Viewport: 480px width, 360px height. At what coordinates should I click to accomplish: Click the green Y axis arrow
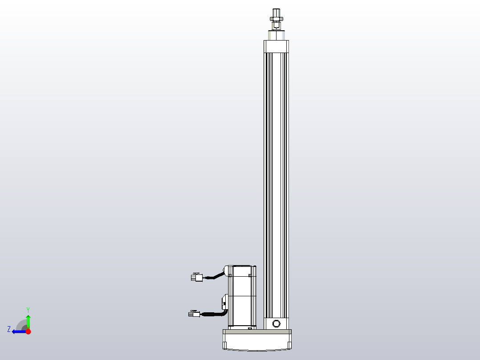click(x=28, y=320)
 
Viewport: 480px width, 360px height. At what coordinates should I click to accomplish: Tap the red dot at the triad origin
click(x=28, y=331)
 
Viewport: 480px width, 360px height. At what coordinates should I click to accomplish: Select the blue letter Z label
click(x=9, y=329)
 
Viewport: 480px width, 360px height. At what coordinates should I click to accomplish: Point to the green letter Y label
click(x=28, y=309)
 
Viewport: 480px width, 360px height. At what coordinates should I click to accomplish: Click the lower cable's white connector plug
click(x=194, y=314)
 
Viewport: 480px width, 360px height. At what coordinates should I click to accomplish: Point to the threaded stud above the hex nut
click(x=276, y=11)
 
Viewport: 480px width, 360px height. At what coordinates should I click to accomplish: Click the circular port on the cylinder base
click(x=276, y=323)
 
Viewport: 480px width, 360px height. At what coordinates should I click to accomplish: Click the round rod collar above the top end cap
click(x=276, y=35)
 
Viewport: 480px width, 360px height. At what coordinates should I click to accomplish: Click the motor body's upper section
click(x=242, y=281)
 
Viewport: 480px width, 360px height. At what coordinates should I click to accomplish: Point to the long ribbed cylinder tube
click(x=276, y=178)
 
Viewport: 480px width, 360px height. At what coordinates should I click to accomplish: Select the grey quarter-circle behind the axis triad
click(x=21, y=325)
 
